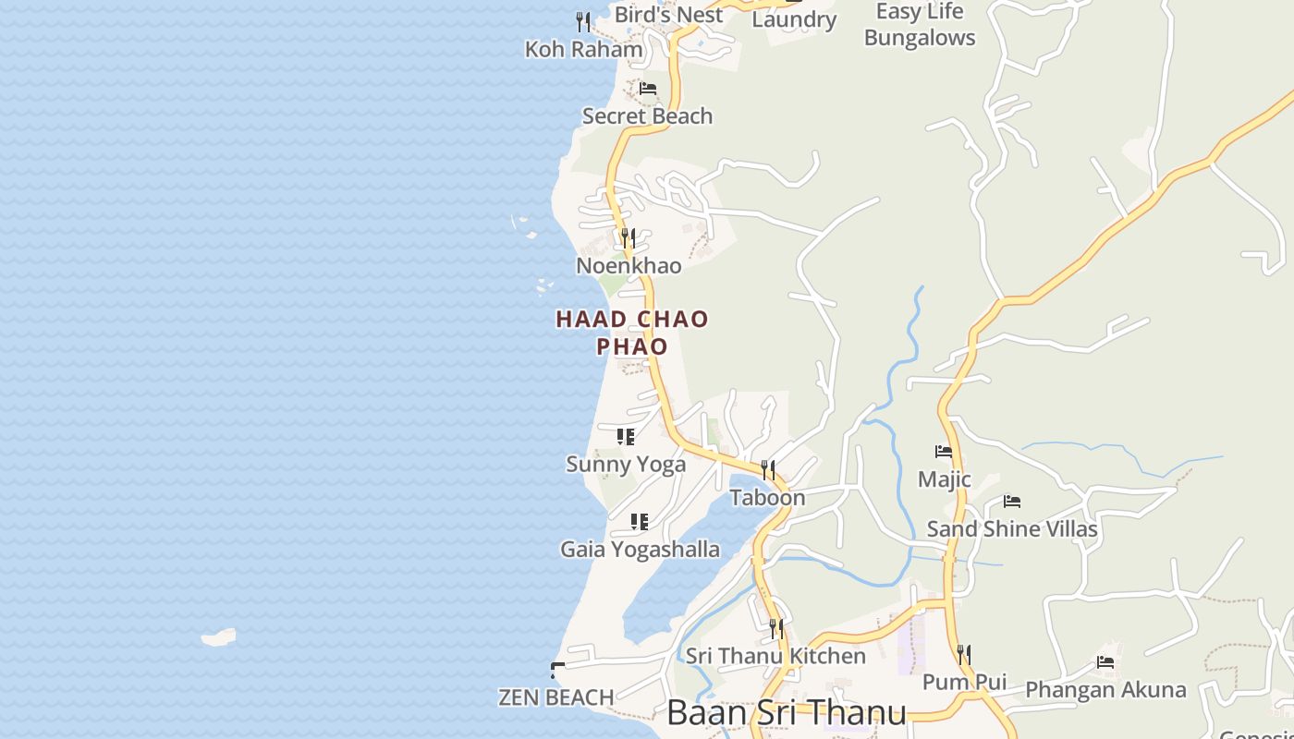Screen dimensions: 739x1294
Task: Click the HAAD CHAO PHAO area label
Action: pyautogui.click(x=632, y=333)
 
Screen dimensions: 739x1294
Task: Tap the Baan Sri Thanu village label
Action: pyautogui.click(x=786, y=713)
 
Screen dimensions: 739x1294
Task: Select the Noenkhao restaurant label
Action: pyautogui.click(x=629, y=266)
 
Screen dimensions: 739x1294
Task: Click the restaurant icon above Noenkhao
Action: pyautogui.click(x=629, y=238)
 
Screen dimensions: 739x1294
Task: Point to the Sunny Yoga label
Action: pyautogui.click(x=626, y=464)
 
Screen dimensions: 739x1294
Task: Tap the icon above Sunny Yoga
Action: pyautogui.click(x=626, y=436)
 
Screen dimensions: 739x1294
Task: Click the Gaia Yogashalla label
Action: pyautogui.click(x=640, y=550)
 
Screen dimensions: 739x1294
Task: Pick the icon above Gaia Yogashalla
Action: pyautogui.click(x=639, y=522)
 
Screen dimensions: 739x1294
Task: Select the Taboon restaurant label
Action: pyautogui.click(x=767, y=498)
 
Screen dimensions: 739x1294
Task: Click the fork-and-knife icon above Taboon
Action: pyautogui.click(x=768, y=470)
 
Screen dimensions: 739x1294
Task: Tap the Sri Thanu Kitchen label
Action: pyautogui.click(x=775, y=656)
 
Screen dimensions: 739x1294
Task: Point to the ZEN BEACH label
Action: pyautogui.click(x=556, y=697)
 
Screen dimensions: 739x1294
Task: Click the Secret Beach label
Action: pyautogui.click(x=647, y=116)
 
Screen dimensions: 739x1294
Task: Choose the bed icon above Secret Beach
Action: pyautogui.click(x=648, y=89)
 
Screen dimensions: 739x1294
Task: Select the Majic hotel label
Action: pyautogui.click(x=944, y=479)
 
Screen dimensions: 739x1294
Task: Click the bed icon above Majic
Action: pyautogui.click(x=944, y=452)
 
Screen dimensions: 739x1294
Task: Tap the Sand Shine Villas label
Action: pyautogui.click(x=1012, y=529)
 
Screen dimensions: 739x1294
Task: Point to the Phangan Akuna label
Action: pyautogui.click(x=1105, y=690)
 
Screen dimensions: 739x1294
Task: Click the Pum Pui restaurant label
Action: pyautogui.click(x=964, y=683)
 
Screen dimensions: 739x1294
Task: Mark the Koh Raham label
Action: pyautogui.click(x=583, y=49)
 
